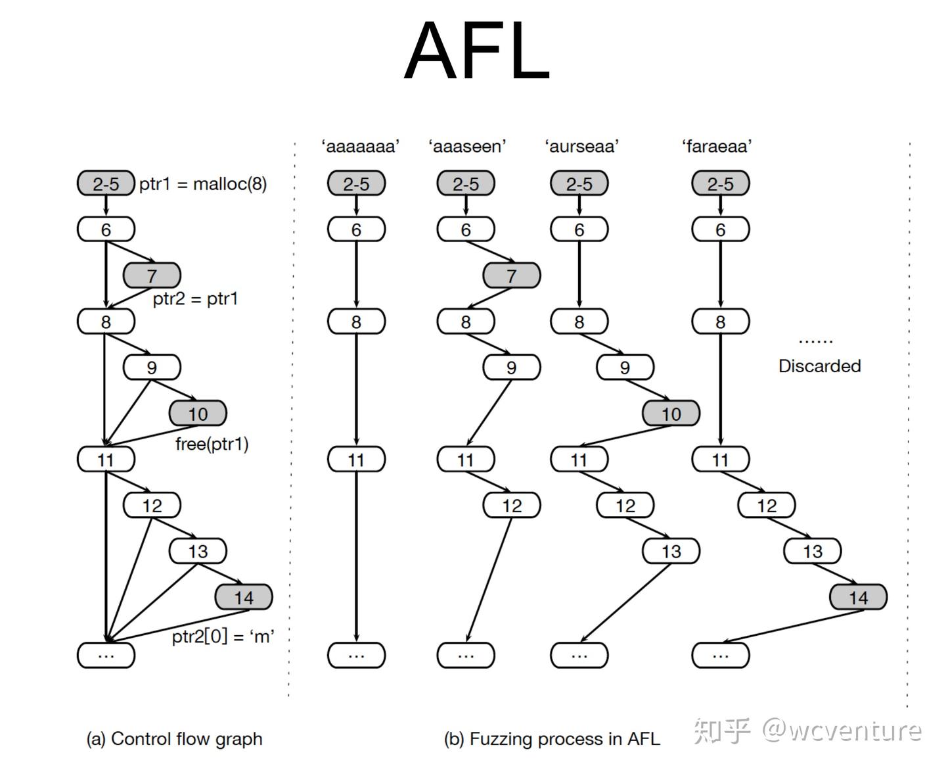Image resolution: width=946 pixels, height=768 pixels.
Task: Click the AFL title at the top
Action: click(x=476, y=50)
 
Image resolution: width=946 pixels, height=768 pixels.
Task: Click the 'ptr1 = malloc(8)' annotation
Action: click(x=203, y=183)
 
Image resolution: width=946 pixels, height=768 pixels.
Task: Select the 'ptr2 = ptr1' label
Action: click(x=195, y=299)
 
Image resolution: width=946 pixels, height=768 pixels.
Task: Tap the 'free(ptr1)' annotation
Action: click(x=212, y=444)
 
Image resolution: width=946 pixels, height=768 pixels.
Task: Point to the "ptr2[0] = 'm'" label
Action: click(x=223, y=636)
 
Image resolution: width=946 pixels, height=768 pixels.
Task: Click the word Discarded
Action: click(x=819, y=366)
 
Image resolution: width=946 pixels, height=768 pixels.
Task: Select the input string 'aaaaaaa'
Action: click(x=360, y=146)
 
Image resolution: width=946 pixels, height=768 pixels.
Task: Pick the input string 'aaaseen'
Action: click(x=467, y=146)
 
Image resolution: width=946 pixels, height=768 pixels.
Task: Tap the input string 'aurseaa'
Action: click(x=582, y=146)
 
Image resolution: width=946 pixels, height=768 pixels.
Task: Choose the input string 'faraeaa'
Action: click(x=717, y=146)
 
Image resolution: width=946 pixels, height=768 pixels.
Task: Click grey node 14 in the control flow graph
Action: click(x=244, y=597)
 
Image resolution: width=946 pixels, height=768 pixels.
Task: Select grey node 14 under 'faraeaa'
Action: click(x=858, y=597)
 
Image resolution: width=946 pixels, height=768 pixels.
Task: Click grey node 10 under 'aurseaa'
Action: click(x=671, y=414)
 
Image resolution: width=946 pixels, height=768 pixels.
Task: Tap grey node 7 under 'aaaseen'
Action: click(x=512, y=276)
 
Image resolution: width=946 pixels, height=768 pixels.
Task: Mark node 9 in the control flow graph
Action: click(x=152, y=367)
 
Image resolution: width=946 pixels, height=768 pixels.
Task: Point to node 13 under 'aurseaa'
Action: click(x=671, y=551)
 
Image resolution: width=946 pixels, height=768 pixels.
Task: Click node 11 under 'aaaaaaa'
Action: click(x=356, y=459)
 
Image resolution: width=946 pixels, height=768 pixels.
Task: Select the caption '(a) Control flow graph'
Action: click(x=175, y=738)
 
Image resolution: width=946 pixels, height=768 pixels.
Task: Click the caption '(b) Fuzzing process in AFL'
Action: click(x=552, y=738)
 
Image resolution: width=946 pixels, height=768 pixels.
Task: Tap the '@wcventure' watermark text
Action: click(x=842, y=731)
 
